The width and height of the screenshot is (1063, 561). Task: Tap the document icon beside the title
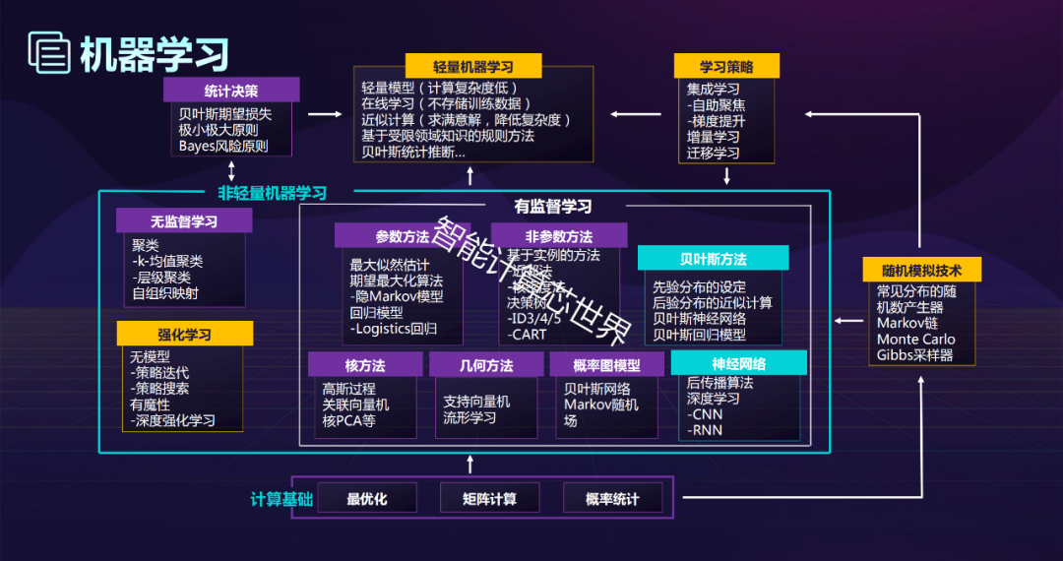[x=48, y=53]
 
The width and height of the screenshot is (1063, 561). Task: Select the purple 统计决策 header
[x=231, y=90]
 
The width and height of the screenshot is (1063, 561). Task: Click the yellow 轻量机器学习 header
[x=473, y=67]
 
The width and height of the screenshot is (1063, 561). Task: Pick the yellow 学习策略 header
[x=726, y=67]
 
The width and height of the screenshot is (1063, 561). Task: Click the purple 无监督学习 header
[x=184, y=221]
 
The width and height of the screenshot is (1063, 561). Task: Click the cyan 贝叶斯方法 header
[x=714, y=259]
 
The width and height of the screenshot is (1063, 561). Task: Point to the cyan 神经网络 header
[x=738, y=363]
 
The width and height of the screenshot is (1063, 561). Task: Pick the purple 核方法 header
[x=365, y=365]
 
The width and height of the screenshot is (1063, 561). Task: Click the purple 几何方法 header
[x=486, y=365]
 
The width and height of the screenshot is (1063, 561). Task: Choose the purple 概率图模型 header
[x=606, y=365]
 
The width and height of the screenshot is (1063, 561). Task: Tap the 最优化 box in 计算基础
[x=367, y=499]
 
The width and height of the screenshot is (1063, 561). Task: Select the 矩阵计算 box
[x=489, y=499]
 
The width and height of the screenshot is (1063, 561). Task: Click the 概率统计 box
[x=612, y=499]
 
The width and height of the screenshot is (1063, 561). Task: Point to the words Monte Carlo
[x=915, y=340]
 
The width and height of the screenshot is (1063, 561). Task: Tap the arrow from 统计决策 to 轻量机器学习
[x=324, y=114]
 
